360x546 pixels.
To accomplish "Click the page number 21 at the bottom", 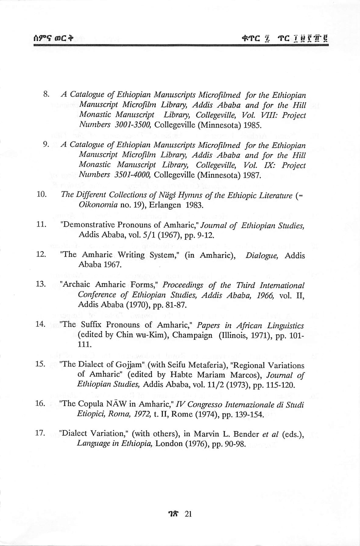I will pyautogui.click(x=188, y=514).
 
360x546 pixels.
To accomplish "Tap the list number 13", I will pyautogui.click(x=41, y=284).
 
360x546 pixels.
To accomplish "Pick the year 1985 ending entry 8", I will pyautogui.click(x=253, y=125).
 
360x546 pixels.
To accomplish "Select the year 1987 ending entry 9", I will pyautogui.click(x=253, y=175).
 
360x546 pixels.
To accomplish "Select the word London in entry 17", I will pyautogui.click(x=168, y=443).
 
